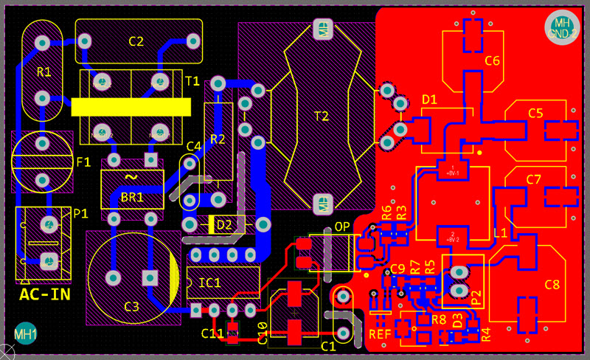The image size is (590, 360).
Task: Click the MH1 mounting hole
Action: [26, 334]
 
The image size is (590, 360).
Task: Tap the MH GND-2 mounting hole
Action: [562, 27]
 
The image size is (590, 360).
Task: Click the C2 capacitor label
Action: [136, 41]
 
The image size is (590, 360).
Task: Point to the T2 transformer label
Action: [322, 116]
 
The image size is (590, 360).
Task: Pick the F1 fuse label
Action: [83, 162]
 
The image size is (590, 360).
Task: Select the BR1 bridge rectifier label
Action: [132, 198]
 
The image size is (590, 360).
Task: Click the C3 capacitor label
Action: [131, 306]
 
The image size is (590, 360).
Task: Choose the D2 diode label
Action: [224, 224]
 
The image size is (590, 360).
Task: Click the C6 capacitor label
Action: [493, 61]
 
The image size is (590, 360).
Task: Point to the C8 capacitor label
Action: [552, 285]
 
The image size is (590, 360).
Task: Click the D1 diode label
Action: [429, 99]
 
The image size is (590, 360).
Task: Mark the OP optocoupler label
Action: [342, 226]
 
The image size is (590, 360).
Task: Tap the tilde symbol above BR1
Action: [131, 177]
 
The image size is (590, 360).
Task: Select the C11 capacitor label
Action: [212, 333]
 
